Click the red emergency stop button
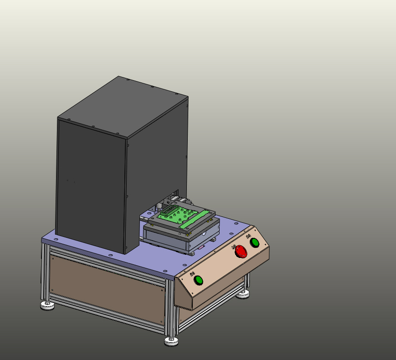point(241,252)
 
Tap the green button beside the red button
point(254,242)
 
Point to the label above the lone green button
point(191,273)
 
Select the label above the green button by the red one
point(248,236)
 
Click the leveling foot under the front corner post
point(171,341)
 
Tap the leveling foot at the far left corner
point(47,305)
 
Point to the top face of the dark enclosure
point(123,106)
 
